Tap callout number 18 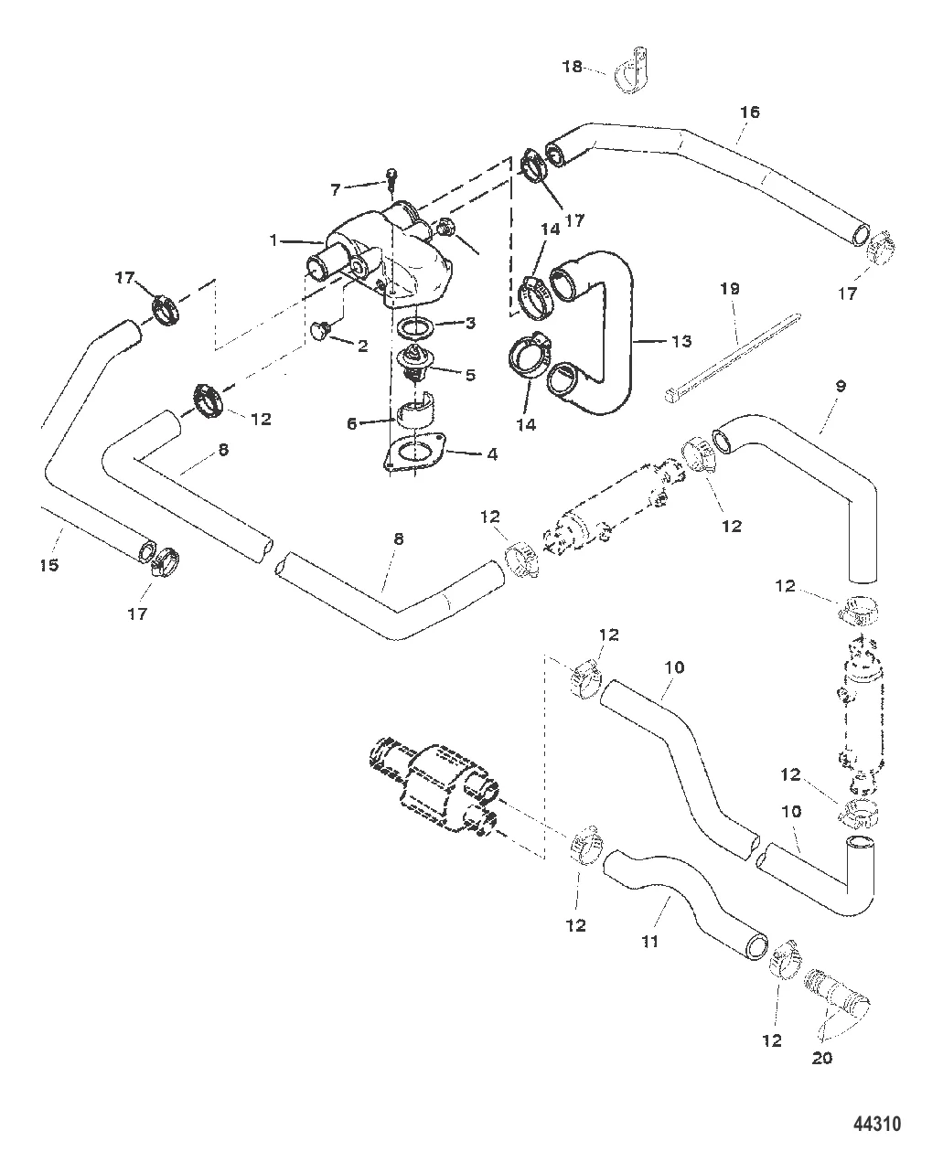[x=572, y=67]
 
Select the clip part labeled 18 [x=627, y=73]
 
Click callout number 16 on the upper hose [x=749, y=112]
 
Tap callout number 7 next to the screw [x=335, y=189]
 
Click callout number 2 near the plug [x=363, y=346]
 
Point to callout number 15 [x=49, y=565]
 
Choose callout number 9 [x=841, y=386]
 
